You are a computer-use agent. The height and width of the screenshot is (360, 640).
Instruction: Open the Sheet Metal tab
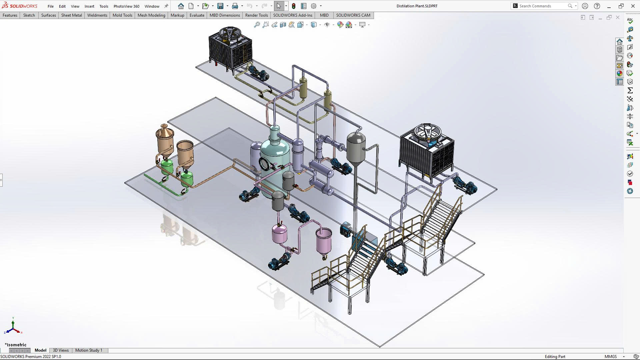point(71,15)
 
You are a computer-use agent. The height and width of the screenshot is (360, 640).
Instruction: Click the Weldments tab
point(97,15)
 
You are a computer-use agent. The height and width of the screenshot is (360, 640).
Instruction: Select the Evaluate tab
point(197,15)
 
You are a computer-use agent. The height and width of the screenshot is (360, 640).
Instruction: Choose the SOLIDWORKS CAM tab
point(353,15)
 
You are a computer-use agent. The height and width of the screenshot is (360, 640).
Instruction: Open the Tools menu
point(104,6)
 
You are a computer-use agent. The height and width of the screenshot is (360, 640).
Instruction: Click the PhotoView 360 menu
point(126,6)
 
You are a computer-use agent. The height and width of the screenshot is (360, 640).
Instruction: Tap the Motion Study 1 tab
point(89,350)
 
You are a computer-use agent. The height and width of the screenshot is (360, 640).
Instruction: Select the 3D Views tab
point(61,350)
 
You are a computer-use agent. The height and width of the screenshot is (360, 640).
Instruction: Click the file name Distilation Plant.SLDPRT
point(417,6)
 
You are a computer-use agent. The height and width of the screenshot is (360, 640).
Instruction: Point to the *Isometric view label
point(16,345)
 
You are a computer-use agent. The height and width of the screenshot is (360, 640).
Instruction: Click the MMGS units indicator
point(610,356)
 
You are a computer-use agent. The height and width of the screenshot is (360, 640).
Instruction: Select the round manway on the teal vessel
point(264,164)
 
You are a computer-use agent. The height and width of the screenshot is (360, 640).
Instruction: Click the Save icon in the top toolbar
point(220,6)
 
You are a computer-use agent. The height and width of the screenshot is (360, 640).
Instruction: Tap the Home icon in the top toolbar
point(181,6)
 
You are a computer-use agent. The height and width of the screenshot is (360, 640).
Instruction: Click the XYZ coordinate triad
point(13,328)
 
